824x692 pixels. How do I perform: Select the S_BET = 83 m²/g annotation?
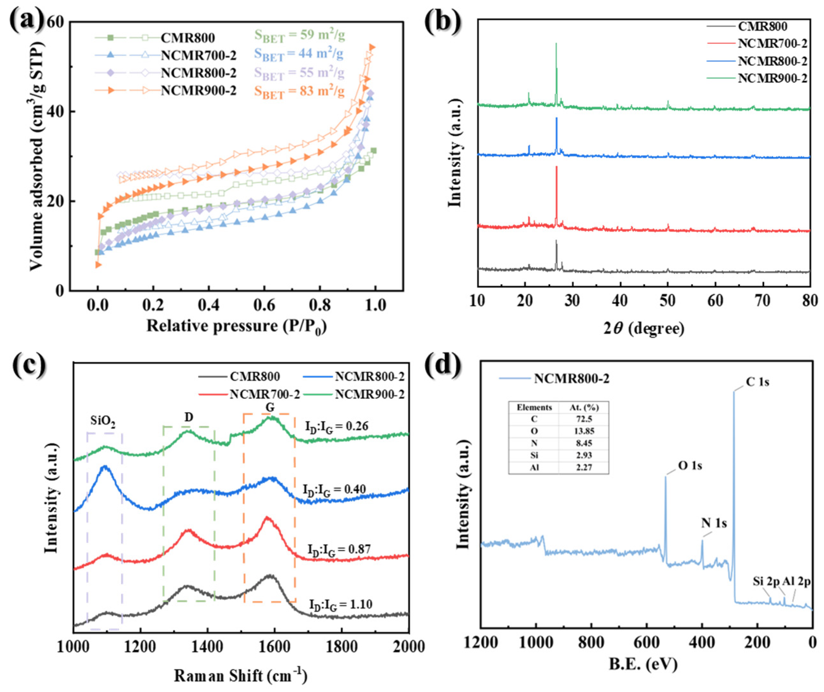pyautogui.click(x=299, y=91)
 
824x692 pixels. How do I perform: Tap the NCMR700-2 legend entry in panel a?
pyautogui.click(x=199, y=55)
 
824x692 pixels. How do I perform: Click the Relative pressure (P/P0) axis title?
pyautogui.click(x=236, y=326)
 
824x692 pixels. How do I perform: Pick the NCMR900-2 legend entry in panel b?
pyautogui.click(x=772, y=78)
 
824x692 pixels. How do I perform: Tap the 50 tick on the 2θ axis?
pyautogui.click(x=667, y=300)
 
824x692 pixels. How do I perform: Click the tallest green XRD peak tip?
pyautogui.click(x=556, y=44)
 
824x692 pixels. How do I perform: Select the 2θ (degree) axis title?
pyautogui.click(x=643, y=328)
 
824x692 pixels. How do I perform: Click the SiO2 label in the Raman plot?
pyautogui.click(x=103, y=421)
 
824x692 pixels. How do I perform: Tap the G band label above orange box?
pyautogui.click(x=270, y=408)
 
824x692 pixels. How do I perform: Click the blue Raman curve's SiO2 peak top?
pyautogui.click(x=104, y=467)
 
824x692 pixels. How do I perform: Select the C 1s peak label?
pyautogui.click(x=757, y=382)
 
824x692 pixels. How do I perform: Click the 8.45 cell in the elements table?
pyautogui.click(x=584, y=443)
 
